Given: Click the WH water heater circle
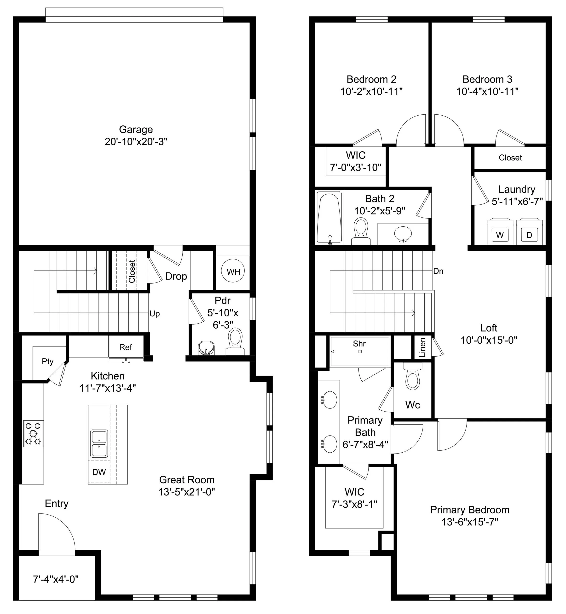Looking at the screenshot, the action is point(233,271).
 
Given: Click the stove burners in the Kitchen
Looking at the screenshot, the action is point(33,433).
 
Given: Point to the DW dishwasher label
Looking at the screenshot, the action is point(99,472).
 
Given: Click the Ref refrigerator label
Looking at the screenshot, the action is point(126,347).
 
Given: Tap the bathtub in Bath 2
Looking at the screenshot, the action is point(329,217).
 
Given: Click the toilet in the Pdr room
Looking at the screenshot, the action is point(235,342).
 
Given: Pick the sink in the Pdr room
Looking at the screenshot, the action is point(206,348).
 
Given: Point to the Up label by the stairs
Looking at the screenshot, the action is point(155,314).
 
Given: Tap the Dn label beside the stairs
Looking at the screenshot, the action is point(438,271).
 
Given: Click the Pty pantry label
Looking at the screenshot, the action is point(47,362).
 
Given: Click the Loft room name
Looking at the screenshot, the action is point(489,328).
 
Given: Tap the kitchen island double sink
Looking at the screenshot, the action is point(99,443).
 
